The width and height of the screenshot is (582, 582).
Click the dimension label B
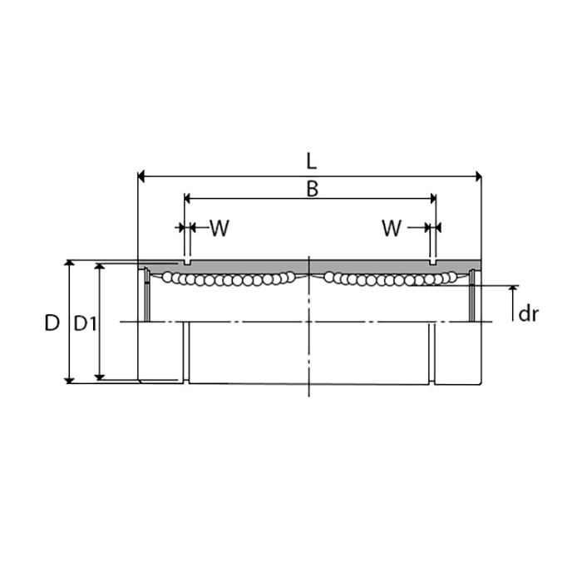point(312,189)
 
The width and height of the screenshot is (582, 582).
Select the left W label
point(219,228)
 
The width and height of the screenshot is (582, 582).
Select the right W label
point(392,228)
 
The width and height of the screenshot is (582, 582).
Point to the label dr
point(529,313)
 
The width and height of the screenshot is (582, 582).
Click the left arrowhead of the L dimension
point(141,176)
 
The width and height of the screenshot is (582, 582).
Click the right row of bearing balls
point(389,279)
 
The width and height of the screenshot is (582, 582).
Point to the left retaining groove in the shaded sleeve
point(187,262)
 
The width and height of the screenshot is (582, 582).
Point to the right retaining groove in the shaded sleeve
point(432,262)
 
